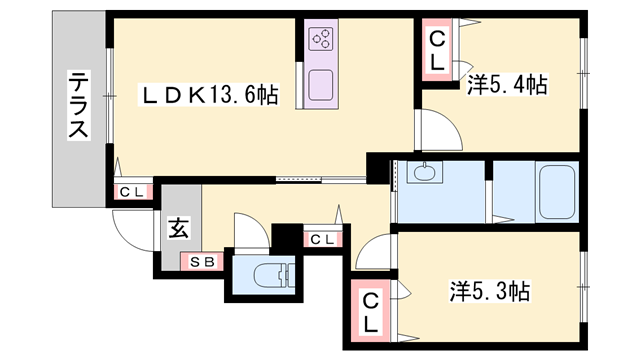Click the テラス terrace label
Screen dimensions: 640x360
pos(79,105)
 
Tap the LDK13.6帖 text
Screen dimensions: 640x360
pos(208,96)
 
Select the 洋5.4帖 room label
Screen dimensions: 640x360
pos(506,86)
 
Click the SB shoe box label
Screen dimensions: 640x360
pos(201,262)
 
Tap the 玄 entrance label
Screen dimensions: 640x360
pos(177,229)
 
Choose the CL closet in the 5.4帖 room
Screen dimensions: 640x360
pos(438,50)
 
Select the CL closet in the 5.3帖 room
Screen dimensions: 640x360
pos(370,312)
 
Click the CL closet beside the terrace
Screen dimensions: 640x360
pos(131,192)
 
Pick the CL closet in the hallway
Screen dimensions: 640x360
pos(321,240)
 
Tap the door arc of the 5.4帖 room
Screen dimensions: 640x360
pos(434,128)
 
